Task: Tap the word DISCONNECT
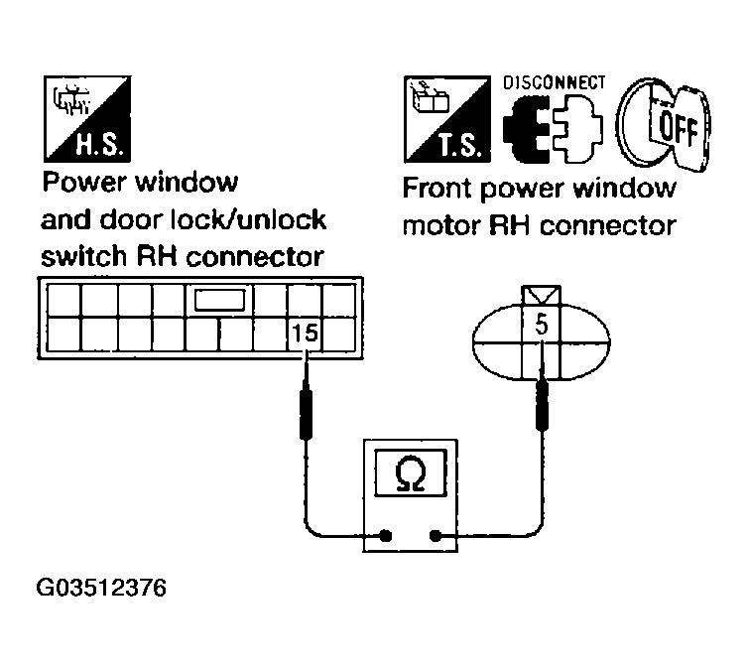tap(554, 83)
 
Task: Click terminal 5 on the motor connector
tap(541, 324)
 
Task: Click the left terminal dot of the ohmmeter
tap(384, 536)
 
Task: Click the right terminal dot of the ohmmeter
tap(436, 536)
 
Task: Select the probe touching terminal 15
tap(309, 407)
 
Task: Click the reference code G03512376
tap(101, 588)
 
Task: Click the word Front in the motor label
tap(437, 189)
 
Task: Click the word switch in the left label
tap(78, 256)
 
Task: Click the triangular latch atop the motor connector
tap(542, 295)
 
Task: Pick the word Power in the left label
tap(79, 184)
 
